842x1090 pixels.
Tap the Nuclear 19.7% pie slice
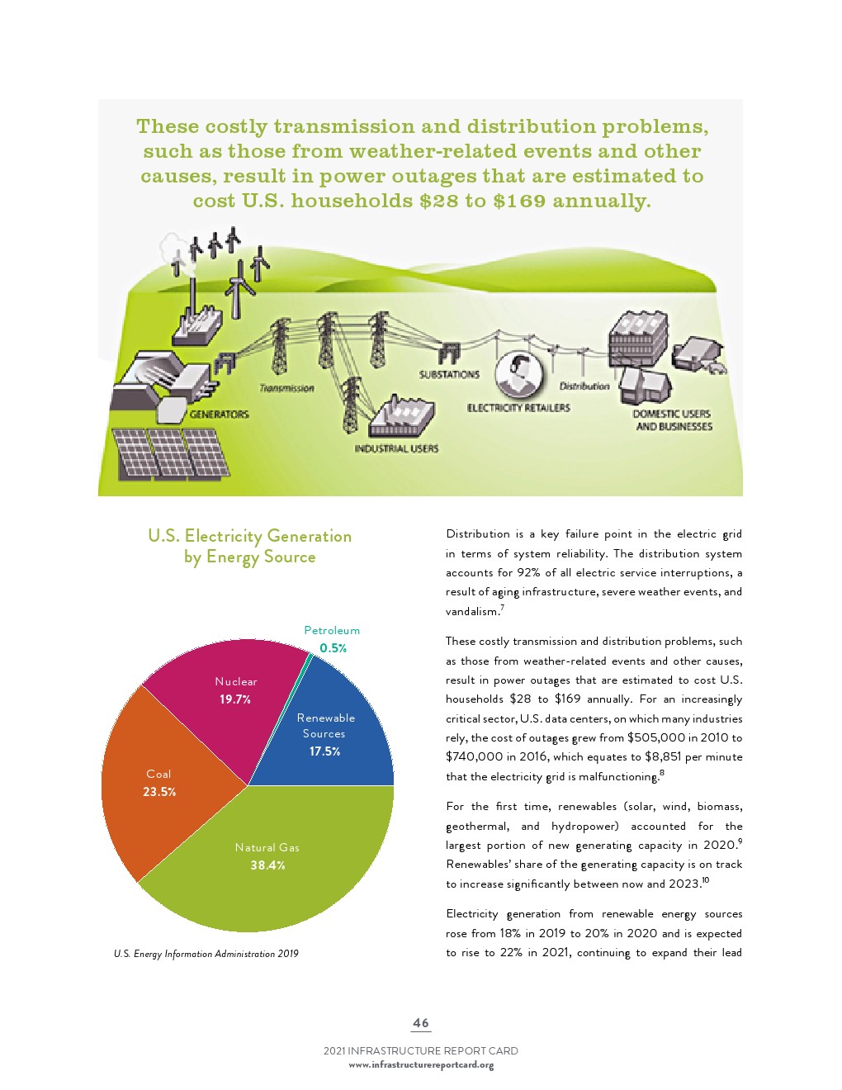pyautogui.click(x=231, y=694)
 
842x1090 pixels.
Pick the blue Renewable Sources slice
pyautogui.click(x=330, y=735)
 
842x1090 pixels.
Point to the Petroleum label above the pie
pyautogui.click(x=332, y=630)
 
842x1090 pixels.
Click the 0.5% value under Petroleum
pyautogui.click(x=333, y=648)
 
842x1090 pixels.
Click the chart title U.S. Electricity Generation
pyautogui.click(x=249, y=536)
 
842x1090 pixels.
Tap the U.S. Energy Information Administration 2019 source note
pyautogui.click(x=206, y=954)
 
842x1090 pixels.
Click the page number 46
pyautogui.click(x=421, y=1022)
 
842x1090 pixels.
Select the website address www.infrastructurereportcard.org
pyautogui.click(x=421, y=1064)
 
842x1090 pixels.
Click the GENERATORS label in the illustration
pyautogui.click(x=220, y=414)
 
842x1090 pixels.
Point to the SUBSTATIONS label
pyautogui.click(x=449, y=374)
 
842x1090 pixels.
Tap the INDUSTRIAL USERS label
pyautogui.click(x=396, y=448)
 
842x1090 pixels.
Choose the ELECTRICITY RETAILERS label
pyautogui.click(x=518, y=407)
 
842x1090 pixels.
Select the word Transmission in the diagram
pyautogui.click(x=286, y=387)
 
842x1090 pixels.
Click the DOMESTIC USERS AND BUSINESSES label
pyautogui.click(x=673, y=419)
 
